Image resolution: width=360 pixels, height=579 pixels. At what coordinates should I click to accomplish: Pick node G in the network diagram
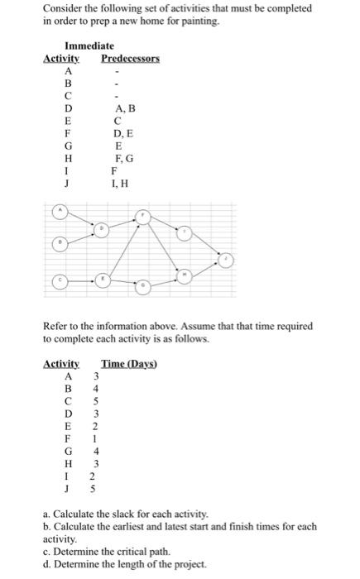[x=143, y=285]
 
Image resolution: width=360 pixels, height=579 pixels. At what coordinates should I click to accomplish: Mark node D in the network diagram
[x=102, y=228]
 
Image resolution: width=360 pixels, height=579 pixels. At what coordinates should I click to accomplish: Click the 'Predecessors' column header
[x=130, y=59]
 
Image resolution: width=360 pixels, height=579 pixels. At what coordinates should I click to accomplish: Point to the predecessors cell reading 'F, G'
[x=121, y=157]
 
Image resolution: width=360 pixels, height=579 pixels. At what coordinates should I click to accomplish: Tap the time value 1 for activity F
[x=97, y=438]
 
